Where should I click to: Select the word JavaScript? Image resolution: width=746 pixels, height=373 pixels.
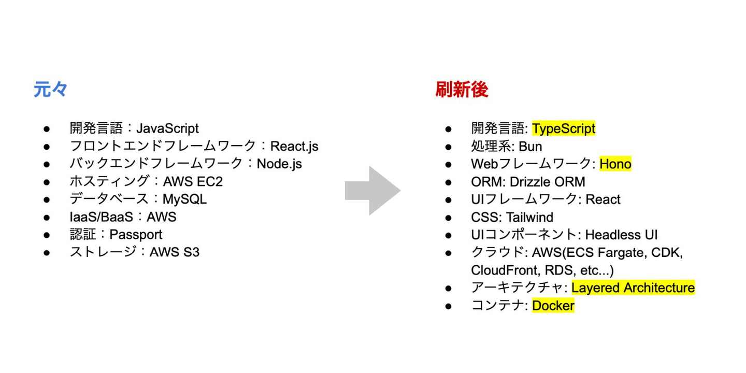[x=167, y=128]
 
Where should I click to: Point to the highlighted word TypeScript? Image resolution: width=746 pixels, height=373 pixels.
[x=564, y=128]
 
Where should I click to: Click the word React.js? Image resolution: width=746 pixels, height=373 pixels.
[x=294, y=147]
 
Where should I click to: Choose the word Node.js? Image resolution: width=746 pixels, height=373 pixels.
[x=279, y=164]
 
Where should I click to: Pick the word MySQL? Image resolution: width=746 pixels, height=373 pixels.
[x=185, y=199]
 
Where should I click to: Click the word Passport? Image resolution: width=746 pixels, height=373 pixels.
[x=136, y=235]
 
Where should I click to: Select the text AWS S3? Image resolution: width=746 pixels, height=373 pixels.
[x=175, y=252]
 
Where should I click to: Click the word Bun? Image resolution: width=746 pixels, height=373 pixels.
[x=530, y=147]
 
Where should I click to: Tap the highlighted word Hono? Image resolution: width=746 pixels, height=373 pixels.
[x=615, y=164]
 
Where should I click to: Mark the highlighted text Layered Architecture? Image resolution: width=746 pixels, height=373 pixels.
[x=633, y=288]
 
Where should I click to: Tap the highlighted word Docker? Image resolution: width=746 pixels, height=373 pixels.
[x=553, y=306]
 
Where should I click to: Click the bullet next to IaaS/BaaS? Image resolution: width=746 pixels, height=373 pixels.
[x=47, y=218]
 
